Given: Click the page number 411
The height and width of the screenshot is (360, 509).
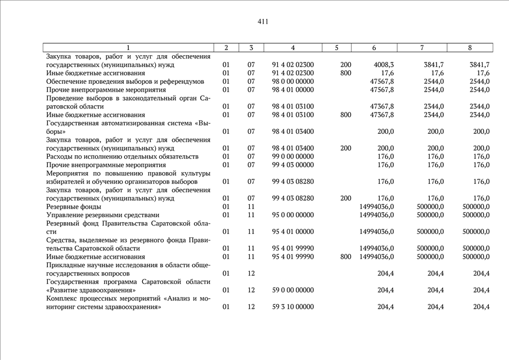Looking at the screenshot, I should click(263, 22).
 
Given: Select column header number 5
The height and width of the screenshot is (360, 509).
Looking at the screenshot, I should click(336, 48).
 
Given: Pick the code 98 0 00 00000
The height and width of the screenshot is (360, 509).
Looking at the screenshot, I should click(292, 82).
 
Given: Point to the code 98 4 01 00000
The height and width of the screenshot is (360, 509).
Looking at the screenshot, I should click(292, 89).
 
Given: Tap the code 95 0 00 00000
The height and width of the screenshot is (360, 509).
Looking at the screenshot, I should click(292, 215).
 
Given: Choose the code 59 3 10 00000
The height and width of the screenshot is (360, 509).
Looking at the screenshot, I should click(292, 307).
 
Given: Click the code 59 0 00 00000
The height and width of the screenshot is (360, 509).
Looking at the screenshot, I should click(292, 290).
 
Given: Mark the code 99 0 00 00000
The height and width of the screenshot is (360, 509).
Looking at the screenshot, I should click(292, 156).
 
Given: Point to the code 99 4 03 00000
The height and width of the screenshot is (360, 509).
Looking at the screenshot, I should click(292, 165).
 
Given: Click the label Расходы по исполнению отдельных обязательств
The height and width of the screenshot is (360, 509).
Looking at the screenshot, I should click(123, 156).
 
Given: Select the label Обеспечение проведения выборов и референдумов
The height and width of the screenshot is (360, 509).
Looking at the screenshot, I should click(125, 82).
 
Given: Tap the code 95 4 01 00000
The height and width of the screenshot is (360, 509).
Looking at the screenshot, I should click(292, 231).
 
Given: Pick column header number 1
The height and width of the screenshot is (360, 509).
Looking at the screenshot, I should click(128, 48).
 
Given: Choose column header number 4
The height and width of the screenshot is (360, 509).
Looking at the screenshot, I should click(292, 48).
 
